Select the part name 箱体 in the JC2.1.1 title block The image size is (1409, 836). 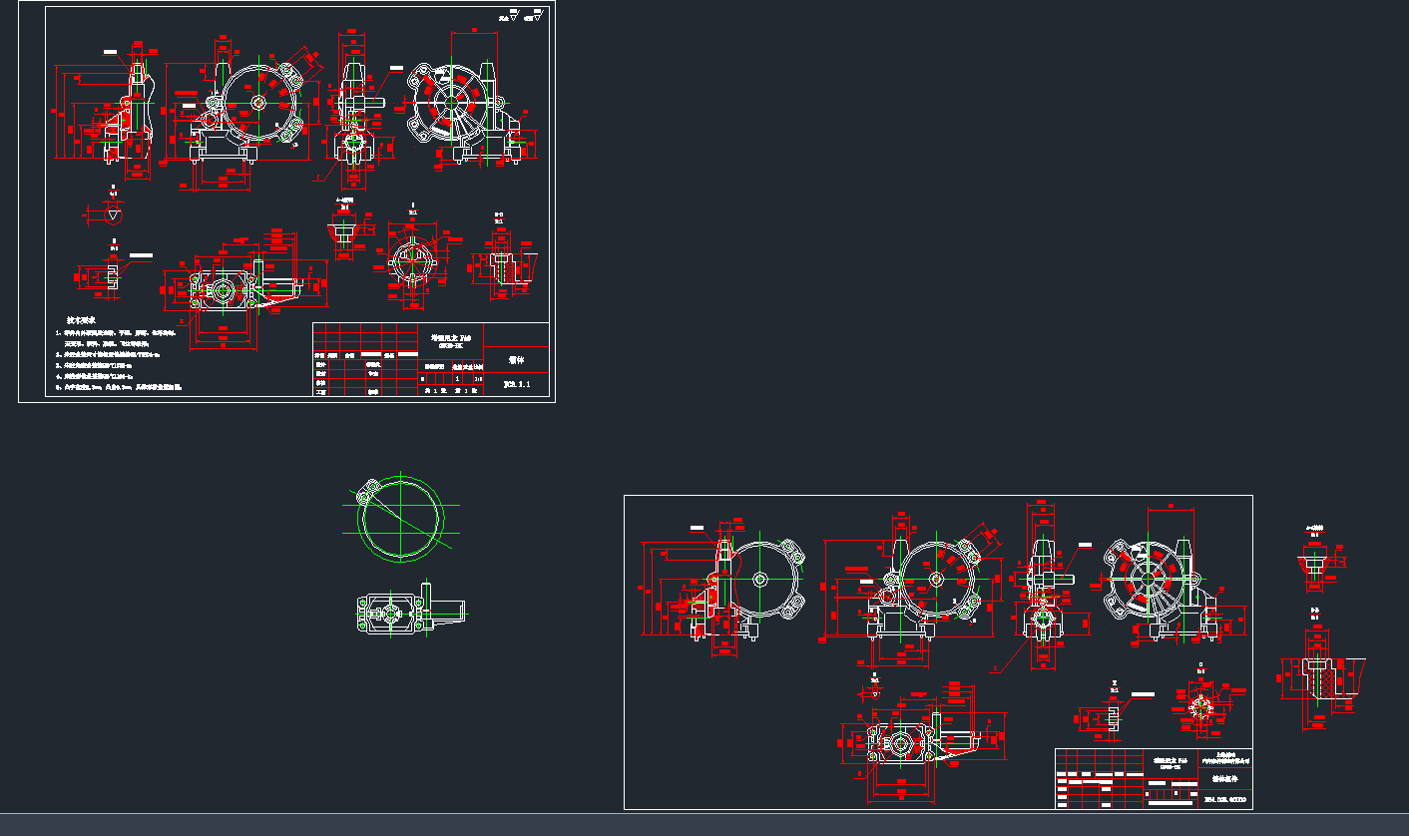click(x=516, y=359)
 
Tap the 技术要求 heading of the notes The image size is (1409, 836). click(x=81, y=320)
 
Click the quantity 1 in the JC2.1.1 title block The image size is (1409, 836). click(x=457, y=379)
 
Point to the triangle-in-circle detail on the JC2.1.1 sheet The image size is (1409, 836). click(x=114, y=213)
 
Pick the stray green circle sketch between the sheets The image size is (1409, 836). click(x=398, y=522)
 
